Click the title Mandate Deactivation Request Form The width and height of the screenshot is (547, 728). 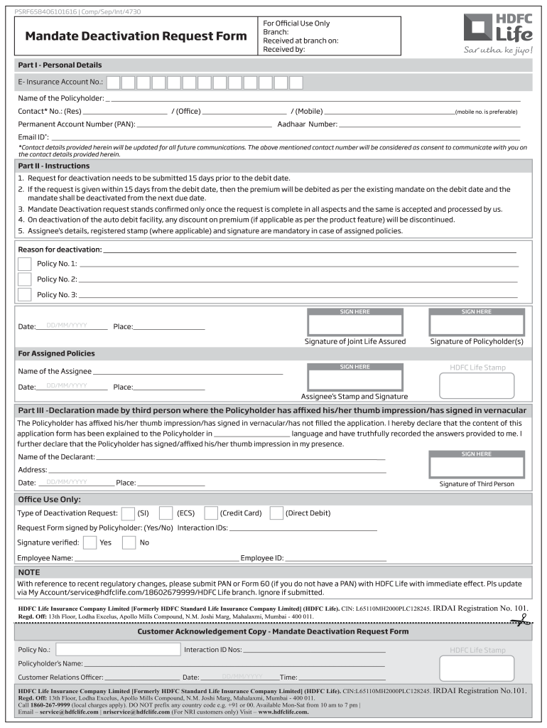[x=136, y=37]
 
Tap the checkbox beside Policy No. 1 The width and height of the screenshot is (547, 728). [x=25, y=264]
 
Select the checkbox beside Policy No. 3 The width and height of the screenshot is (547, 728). [x=25, y=294]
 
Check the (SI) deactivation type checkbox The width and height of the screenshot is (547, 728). [x=128, y=513]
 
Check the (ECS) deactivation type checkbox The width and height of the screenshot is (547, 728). [x=166, y=513]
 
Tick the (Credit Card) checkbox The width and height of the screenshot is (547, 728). [x=211, y=513]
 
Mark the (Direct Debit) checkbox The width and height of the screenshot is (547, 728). [x=276, y=513]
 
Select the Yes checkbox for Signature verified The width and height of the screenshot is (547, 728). [x=90, y=542]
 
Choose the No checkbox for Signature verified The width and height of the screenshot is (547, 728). [x=129, y=542]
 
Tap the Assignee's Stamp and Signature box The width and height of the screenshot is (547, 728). [x=354, y=378]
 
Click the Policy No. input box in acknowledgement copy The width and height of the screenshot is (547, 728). [x=118, y=649]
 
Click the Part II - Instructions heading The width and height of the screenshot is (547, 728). [x=54, y=166]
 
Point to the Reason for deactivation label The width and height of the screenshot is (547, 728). [x=60, y=250]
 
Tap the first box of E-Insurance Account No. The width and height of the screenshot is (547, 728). [x=114, y=82]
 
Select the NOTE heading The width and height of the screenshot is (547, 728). [x=29, y=572]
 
